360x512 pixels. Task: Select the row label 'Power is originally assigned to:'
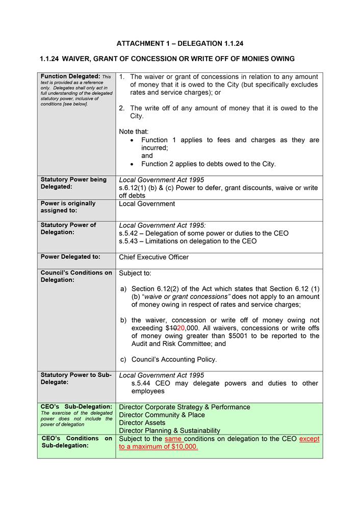click(68, 207)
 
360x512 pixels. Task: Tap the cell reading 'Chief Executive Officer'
click(153, 257)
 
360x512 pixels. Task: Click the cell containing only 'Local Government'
click(147, 204)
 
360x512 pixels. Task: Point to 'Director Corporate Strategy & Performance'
click(185, 407)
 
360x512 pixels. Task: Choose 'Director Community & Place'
click(162, 415)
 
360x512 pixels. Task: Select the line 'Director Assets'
click(142, 422)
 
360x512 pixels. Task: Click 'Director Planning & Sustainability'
click(170, 430)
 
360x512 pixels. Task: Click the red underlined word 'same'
click(173, 439)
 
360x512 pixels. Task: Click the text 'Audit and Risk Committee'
click(171, 344)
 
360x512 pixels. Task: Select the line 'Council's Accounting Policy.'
click(174, 359)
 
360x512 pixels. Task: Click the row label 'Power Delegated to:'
click(70, 257)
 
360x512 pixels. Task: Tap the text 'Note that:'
click(134, 131)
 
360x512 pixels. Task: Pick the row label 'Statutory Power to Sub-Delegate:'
click(76, 379)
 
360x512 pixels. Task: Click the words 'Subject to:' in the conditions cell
click(135, 273)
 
